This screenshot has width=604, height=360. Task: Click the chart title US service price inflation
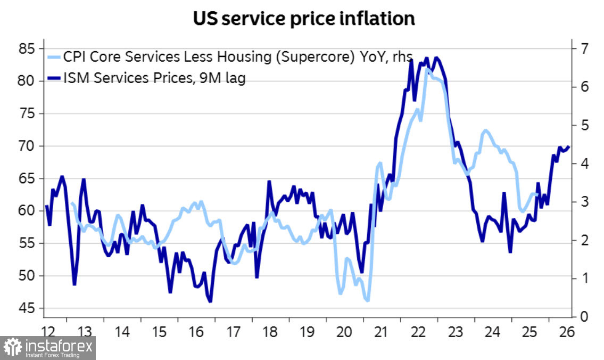click(303, 19)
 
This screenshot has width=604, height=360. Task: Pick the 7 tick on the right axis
click(583, 48)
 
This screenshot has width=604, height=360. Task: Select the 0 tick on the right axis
click(583, 317)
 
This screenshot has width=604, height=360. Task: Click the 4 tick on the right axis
click(583, 163)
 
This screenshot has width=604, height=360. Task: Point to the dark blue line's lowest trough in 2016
click(210, 301)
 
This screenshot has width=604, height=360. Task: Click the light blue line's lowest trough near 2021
click(367, 301)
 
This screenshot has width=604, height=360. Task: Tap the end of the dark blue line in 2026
click(569, 147)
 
